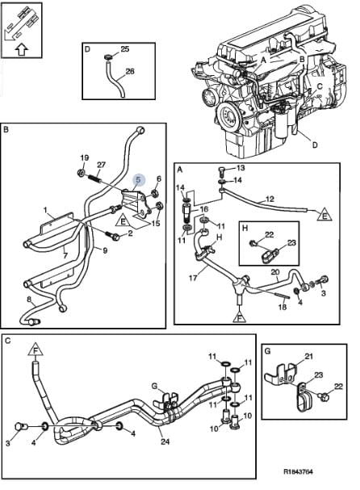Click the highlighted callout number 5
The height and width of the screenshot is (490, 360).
tap(139, 180)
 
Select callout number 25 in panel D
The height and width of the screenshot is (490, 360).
tap(124, 49)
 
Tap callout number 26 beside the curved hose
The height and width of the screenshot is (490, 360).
tap(130, 71)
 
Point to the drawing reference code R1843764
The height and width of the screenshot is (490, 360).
tap(298, 471)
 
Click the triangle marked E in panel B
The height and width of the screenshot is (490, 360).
tap(123, 221)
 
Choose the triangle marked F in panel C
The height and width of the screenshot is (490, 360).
tap(35, 350)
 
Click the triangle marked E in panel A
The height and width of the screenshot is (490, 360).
tap(324, 215)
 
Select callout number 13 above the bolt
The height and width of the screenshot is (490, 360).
tap(241, 168)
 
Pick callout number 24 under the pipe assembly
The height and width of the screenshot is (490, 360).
tap(165, 442)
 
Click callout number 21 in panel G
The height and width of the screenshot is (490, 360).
tap(308, 356)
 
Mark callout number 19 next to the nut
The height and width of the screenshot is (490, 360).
tap(84, 157)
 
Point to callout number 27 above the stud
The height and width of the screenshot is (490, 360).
tap(101, 165)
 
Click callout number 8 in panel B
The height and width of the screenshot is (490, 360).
tap(29, 299)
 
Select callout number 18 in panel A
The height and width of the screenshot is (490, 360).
tap(283, 307)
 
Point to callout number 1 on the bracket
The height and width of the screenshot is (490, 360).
tap(46, 210)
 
